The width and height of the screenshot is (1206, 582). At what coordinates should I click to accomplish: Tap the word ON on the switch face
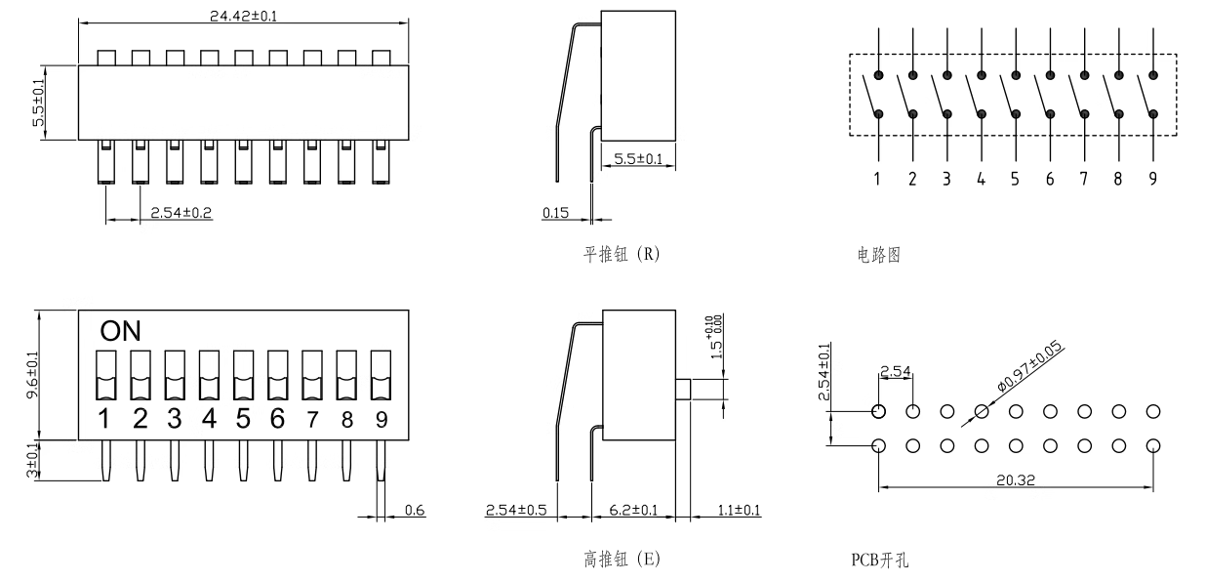click(120, 331)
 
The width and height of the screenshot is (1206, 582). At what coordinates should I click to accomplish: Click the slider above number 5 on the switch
click(243, 375)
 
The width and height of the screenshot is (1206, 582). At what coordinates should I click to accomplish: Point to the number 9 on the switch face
click(380, 420)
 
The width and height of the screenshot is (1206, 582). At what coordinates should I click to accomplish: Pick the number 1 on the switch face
click(105, 420)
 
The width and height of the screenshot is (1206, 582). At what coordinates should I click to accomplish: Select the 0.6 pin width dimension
click(415, 510)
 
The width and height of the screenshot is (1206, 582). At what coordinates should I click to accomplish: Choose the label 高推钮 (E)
click(621, 560)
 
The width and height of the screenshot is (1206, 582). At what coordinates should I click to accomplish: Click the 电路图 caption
click(871, 255)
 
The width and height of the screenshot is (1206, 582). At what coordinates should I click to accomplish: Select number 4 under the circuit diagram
click(981, 179)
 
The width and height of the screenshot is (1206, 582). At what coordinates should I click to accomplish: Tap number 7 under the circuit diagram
click(1084, 179)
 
